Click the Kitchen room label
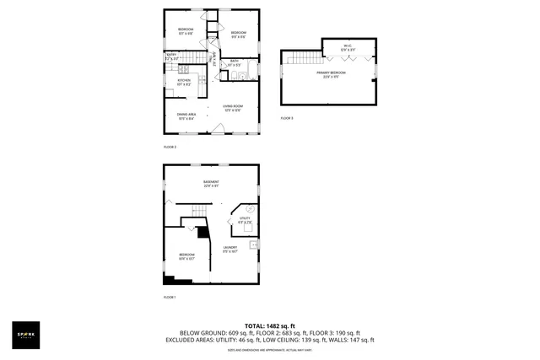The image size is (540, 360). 184,82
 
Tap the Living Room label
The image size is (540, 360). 234,108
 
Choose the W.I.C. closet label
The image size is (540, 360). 348,48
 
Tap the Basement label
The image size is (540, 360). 211,184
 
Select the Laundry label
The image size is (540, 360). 230,249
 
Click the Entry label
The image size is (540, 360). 170,58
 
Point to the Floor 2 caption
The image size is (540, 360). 170,147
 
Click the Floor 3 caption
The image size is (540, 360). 287,118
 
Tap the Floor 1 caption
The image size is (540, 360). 170,297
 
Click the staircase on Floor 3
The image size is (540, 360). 295,59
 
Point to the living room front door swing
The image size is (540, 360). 218,128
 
